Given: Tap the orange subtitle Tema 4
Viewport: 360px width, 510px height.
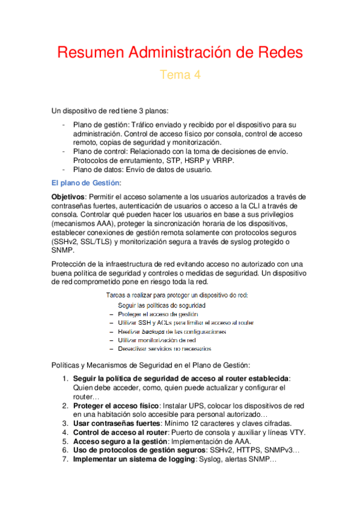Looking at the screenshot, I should pos(180,75).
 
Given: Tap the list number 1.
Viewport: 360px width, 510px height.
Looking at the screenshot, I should pos(66,378).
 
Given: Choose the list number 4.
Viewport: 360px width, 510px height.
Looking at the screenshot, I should pos(66,432).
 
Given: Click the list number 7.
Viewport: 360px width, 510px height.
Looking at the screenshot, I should pos(66,459).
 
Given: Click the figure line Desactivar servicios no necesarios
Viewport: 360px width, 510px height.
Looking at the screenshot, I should pos(164,348).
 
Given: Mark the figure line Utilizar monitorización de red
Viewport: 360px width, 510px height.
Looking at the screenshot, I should pos(156,340).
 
